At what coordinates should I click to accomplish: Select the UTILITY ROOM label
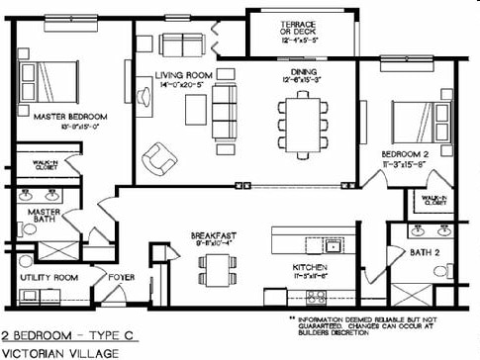49,278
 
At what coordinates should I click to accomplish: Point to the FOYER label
121,278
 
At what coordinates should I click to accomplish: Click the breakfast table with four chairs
215,267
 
